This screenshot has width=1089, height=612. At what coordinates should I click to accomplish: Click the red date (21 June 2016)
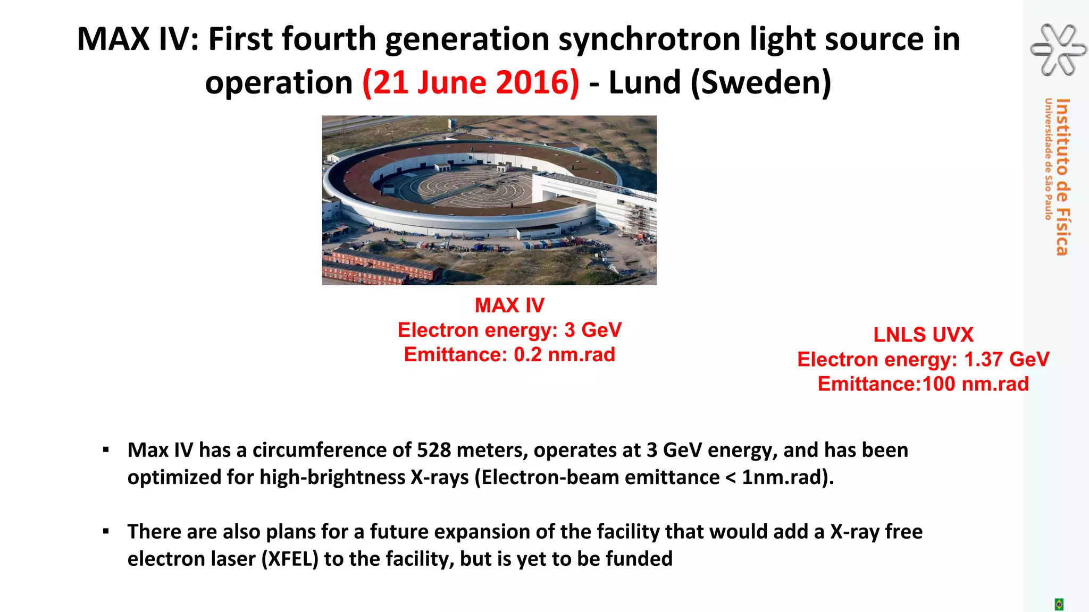(x=471, y=83)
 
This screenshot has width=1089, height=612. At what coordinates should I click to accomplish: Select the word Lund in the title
(x=644, y=83)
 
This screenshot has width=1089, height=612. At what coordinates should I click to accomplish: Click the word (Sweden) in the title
(x=760, y=83)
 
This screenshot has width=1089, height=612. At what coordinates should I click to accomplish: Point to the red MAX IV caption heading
(x=509, y=305)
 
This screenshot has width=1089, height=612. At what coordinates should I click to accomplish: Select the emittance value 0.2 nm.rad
(x=564, y=355)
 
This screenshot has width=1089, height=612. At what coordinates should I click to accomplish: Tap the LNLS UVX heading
(x=923, y=335)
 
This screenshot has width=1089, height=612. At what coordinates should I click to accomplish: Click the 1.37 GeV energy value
(x=1007, y=360)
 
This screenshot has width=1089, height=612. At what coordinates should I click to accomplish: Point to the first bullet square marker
(x=106, y=450)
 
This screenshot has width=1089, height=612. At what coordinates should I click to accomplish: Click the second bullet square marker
(x=106, y=531)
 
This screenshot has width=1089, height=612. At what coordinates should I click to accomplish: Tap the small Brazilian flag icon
(x=1059, y=604)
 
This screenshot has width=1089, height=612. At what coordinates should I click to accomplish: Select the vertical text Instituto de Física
(x=1062, y=176)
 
